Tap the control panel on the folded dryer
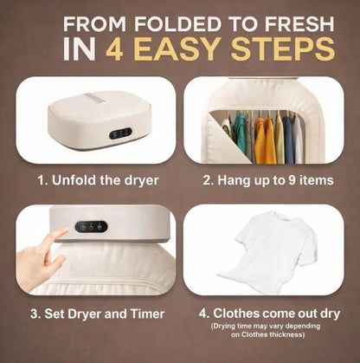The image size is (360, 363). point(119,133)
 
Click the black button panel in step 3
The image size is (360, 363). point(90,227)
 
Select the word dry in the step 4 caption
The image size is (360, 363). point(328,313)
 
